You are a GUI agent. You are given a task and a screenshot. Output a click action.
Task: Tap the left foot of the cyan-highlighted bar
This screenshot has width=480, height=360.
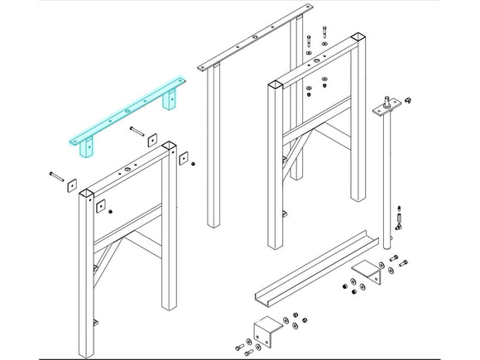[84, 148]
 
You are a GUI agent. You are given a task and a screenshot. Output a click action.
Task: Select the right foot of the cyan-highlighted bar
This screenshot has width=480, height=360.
[170, 99]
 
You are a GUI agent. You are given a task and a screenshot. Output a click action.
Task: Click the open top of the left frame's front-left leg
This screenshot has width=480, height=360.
[87, 192]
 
